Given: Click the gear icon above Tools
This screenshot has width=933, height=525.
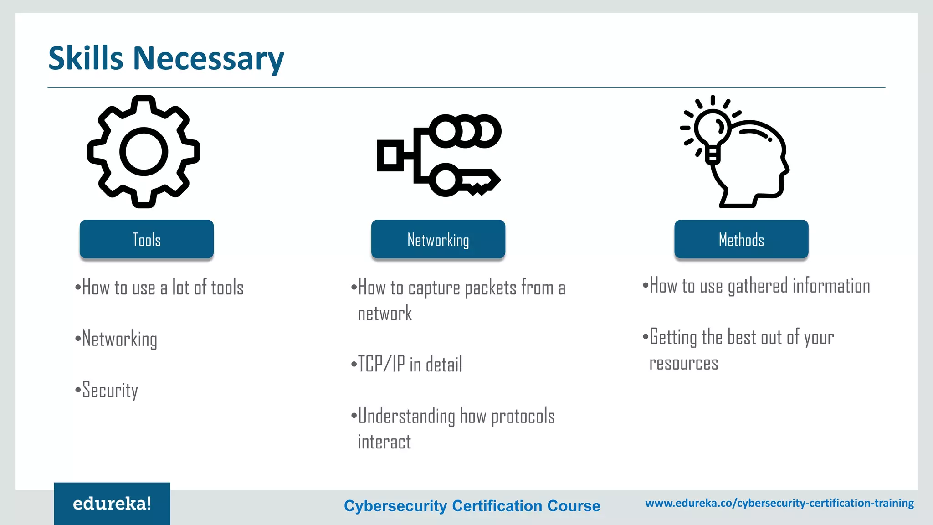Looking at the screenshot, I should (144, 152).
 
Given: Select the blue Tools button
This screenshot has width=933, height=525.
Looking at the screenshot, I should (147, 239).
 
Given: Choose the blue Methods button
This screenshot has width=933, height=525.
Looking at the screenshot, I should (741, 239).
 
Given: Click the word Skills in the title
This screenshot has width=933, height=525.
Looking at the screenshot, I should (86, 58).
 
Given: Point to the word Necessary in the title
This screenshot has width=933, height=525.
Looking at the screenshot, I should (208, 59).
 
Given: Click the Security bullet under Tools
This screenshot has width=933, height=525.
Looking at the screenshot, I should (110, 391).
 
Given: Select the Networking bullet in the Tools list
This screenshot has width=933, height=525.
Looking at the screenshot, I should (119, 340).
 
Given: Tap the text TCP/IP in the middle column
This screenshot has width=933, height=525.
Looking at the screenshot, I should (381, 365).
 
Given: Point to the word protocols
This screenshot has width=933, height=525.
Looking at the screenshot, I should (523, 417).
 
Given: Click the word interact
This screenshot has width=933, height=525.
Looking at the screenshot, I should (384, 442).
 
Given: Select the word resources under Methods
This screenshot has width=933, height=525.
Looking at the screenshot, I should (683, 364).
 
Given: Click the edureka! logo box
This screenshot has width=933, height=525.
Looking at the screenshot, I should (112, 504).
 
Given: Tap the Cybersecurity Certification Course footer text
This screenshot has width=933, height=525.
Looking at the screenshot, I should (472, 505).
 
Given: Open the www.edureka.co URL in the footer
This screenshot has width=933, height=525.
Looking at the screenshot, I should (779, 503).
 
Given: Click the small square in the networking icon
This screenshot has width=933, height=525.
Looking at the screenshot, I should (390, 156).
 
